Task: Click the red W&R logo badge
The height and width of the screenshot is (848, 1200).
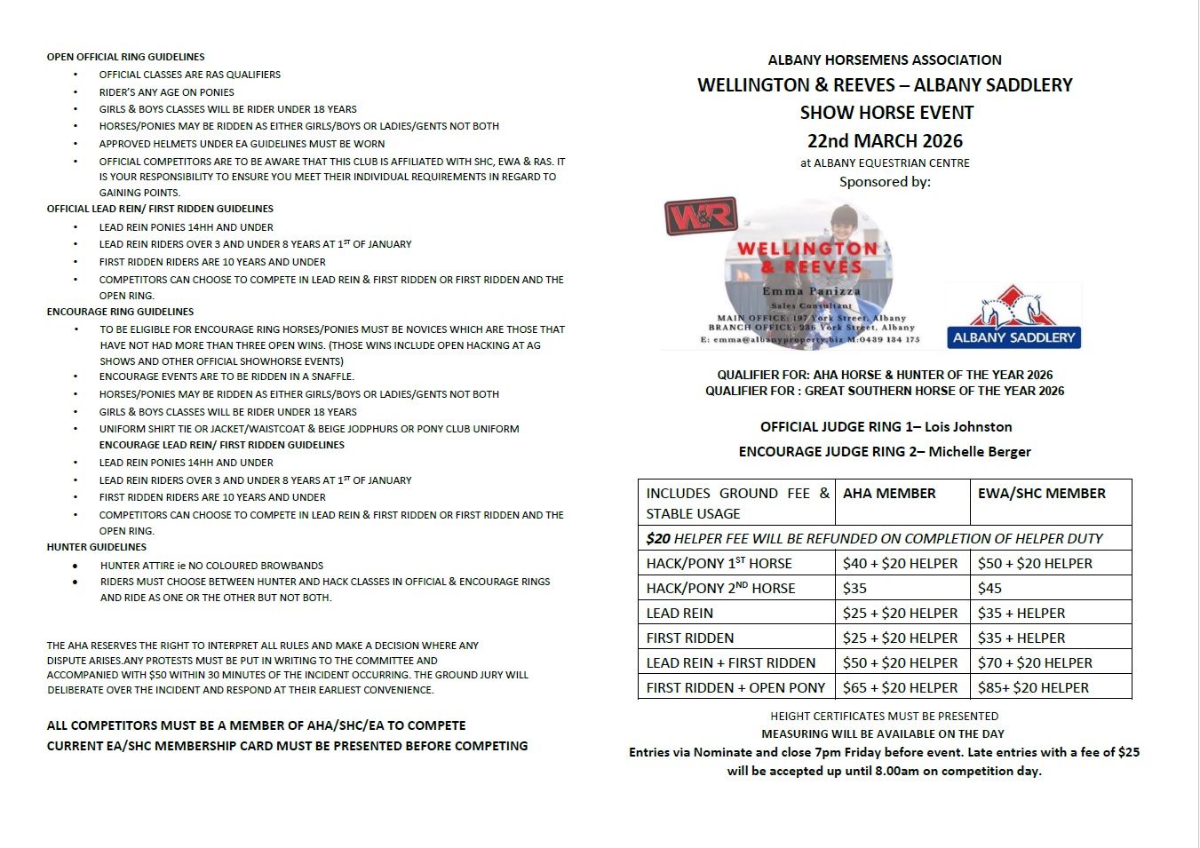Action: click(702, 216)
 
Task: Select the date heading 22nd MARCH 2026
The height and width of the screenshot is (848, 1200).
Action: click(885, 141)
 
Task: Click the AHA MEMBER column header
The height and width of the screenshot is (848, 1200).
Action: click(889, 494)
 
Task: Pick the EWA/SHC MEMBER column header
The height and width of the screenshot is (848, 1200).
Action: click(1041, 494)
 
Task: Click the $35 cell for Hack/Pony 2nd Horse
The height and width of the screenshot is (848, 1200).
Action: click(854, 588)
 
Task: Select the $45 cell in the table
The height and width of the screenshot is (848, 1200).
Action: click(989, 588)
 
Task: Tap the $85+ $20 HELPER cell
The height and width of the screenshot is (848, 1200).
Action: click(1033, 687)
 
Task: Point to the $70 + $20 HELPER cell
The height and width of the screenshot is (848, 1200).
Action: click(1035, 662)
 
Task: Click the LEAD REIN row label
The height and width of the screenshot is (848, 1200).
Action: click(679, 613)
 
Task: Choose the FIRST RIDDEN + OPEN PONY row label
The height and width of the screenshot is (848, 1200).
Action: click(735, 687)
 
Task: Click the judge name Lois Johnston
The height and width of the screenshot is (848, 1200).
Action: click(968, 427)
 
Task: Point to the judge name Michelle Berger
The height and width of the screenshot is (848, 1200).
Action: click(980, 452)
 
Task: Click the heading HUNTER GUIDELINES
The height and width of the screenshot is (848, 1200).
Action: click(97, 547)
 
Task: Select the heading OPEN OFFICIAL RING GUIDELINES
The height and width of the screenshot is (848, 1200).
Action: click(126, 57)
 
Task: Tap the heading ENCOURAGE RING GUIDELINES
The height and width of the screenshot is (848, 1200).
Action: click(120, 312)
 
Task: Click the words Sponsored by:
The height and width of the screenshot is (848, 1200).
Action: click(885, 182)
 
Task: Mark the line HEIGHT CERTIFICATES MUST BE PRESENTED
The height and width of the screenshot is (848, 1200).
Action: click(884, 717)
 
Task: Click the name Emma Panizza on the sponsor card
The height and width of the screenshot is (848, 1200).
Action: click(811, 291)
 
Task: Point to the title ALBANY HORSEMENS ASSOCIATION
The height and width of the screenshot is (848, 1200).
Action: click(885, 60)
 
